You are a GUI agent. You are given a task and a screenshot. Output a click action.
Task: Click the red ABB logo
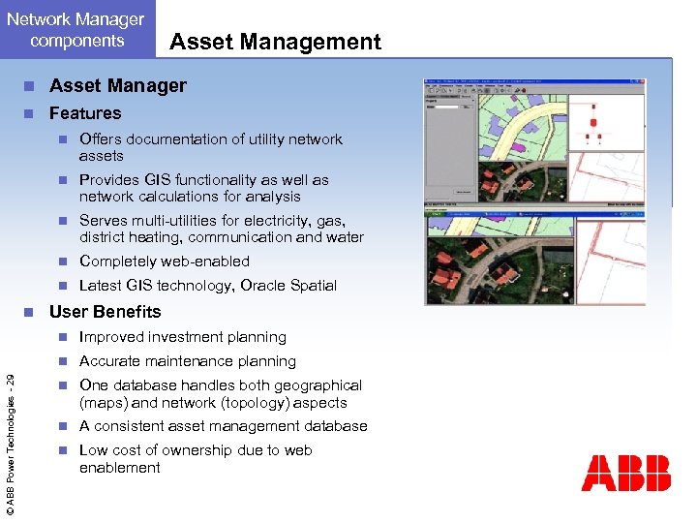click(625, 474)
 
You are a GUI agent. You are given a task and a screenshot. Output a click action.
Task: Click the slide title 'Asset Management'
click(275, 42)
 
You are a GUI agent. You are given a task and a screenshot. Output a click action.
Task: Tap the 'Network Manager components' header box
click(76, 30)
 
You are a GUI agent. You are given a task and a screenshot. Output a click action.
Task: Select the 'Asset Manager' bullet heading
click(118, 85)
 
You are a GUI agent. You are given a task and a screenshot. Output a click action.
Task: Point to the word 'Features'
click(85, 113)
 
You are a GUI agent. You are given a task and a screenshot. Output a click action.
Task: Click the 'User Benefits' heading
click(105, 312)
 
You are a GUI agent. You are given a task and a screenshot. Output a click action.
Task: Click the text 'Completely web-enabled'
click(165, 261)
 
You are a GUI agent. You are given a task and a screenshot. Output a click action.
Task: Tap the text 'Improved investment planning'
click(183, 337)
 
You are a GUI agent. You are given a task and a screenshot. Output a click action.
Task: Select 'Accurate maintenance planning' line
click(188, 361)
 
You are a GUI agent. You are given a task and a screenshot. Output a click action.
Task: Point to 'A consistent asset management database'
click(224, 426)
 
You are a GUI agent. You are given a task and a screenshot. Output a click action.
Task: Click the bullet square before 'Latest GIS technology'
click(61, 286)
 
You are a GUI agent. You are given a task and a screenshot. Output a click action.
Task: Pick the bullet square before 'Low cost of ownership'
click(61, 450)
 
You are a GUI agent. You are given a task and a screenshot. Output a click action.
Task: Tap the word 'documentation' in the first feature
click(170, 139)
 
